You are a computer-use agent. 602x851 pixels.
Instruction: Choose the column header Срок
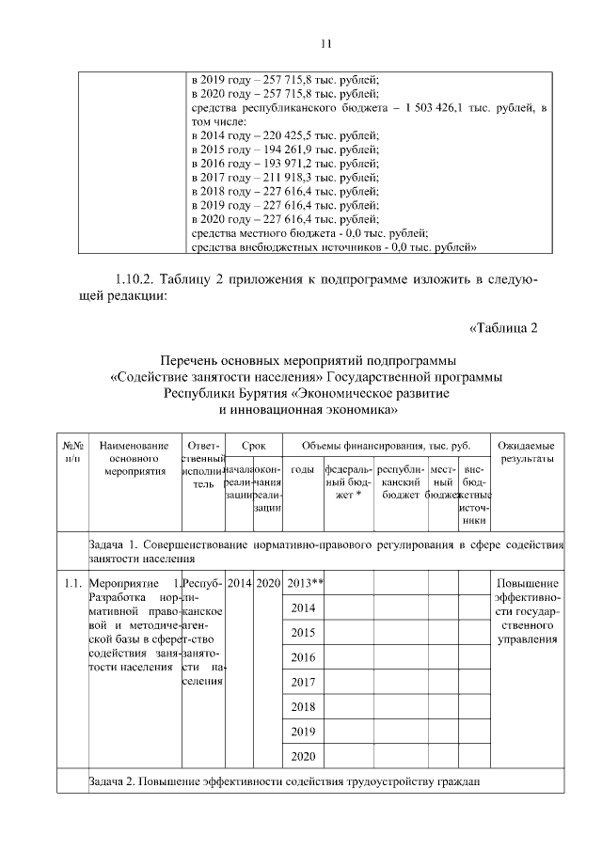[254, 444]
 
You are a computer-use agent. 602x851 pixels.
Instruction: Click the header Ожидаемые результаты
[526, 450]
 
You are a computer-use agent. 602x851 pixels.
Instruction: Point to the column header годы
[302, 468]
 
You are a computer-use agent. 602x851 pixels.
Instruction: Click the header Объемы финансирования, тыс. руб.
[386, 444]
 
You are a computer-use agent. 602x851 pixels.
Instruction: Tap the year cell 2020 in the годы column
[302, 755]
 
